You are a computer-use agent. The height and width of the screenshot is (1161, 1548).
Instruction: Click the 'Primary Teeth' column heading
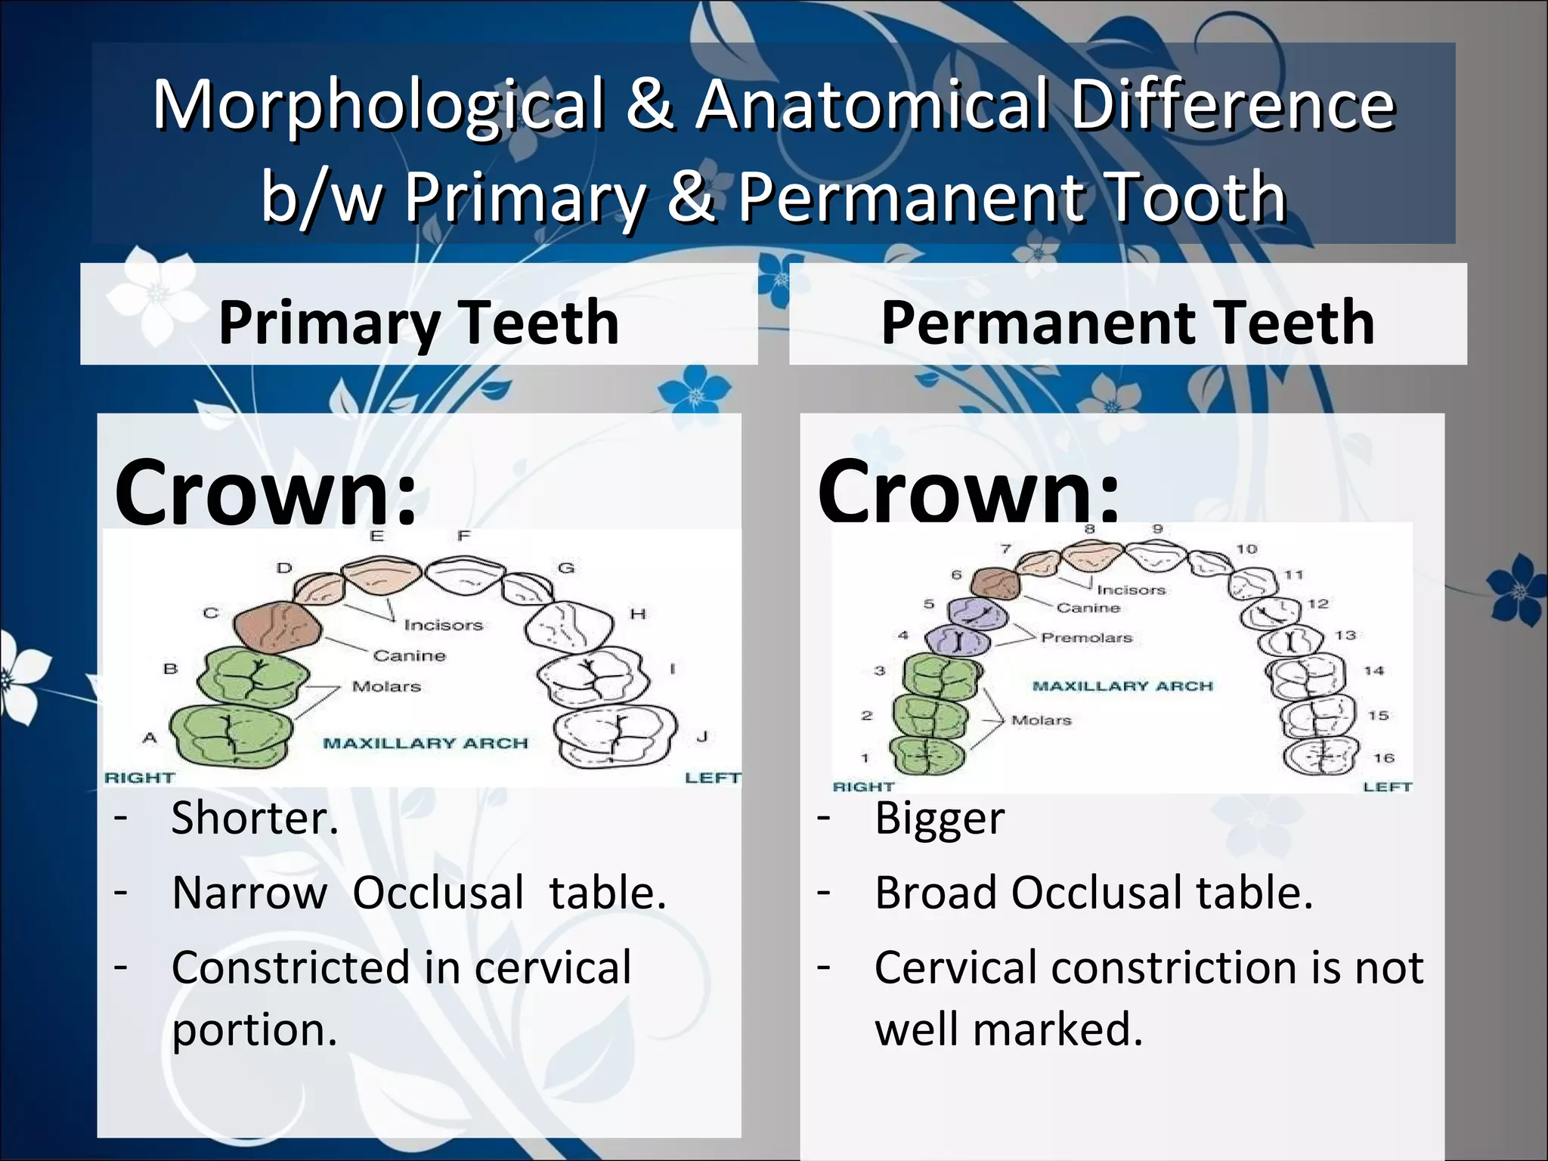(x=419, y=323)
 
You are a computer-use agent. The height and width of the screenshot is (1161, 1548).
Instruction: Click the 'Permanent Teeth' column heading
(x=1127, y=323)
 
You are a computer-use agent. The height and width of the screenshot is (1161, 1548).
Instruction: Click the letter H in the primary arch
(x=638, y=614)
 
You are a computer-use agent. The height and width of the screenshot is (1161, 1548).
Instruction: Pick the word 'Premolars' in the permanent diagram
(x=1086, y=638)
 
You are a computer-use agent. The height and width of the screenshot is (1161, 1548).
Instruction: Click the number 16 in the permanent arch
(x=1383, y=758)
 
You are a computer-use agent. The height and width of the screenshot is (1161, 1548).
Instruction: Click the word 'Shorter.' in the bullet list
(x=255, y=818)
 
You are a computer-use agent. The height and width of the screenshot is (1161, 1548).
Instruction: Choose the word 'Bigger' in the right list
(x=940, y=819)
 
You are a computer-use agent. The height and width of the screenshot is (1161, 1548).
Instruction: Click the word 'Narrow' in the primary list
(x=249, y=893)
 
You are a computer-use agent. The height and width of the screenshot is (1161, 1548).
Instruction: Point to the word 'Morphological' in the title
(x=379, y=106)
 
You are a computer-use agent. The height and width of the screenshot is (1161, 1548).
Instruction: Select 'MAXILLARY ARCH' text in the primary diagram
(x=426, y=743)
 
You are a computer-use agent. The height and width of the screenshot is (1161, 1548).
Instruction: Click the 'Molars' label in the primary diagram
(x=386, y=686)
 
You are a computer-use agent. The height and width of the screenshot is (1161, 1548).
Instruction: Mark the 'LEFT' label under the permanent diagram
(x=1387, y=787)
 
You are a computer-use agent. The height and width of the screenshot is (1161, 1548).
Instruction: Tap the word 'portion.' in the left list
(x=254, y=1029)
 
